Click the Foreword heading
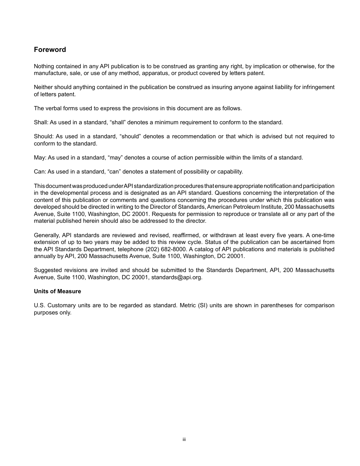50,50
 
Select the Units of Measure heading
57,291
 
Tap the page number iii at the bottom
184,439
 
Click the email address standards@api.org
177,277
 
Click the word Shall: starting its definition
41,122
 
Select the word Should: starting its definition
44,136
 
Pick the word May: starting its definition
40,158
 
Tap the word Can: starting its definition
40,172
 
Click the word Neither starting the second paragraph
43,87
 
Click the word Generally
47,235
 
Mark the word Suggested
47,270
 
